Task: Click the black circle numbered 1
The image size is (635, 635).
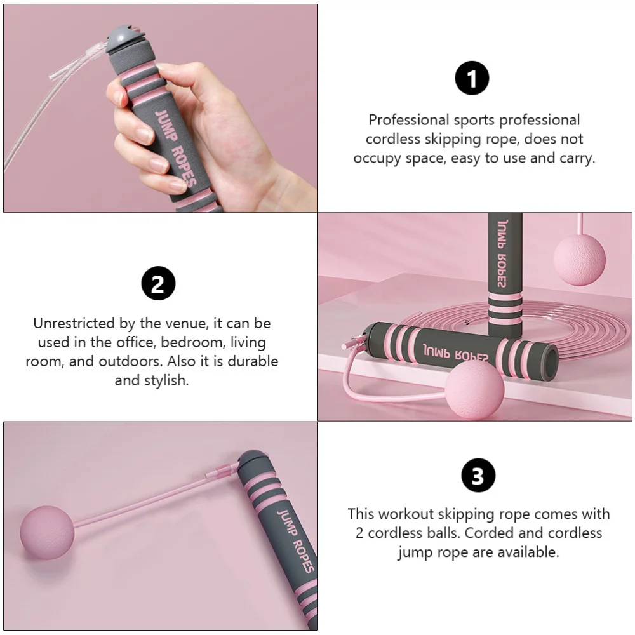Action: click(472, 79)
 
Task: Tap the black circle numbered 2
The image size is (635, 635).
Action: click(157, 283)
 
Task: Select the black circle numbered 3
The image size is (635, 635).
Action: click(478, 476)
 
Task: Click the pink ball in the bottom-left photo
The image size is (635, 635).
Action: click(47, 532)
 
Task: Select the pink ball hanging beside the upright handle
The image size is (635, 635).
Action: click(579, 258)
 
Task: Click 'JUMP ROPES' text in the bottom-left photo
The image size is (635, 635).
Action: click(294, 538)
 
